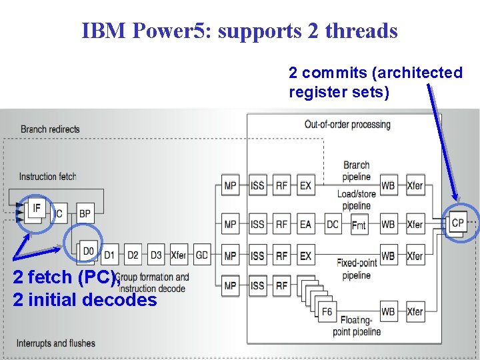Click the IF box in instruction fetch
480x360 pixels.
[37, 209]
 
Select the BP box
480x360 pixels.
[85, 213]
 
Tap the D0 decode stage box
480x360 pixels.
[88, 251]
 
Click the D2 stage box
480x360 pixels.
[133, 255]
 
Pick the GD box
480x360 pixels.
[201, 255]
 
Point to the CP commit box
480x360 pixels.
[457, 223]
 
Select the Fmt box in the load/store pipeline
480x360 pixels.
[359, 225]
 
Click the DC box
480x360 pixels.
[333, 225]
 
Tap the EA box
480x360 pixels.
[305, 225]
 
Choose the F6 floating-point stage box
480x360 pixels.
[327, 311]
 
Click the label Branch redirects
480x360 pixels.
[50, 129]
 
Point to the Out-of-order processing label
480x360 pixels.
[347, 124]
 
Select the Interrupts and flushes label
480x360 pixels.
[56, 343]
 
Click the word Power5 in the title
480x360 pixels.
[176, 31]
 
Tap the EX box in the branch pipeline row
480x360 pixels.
[305, 185]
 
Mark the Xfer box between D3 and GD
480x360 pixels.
[179, 255]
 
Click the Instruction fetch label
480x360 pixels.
[47, 177]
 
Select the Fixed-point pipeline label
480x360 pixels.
[357, 269]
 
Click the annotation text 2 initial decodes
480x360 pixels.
[85, 300]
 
